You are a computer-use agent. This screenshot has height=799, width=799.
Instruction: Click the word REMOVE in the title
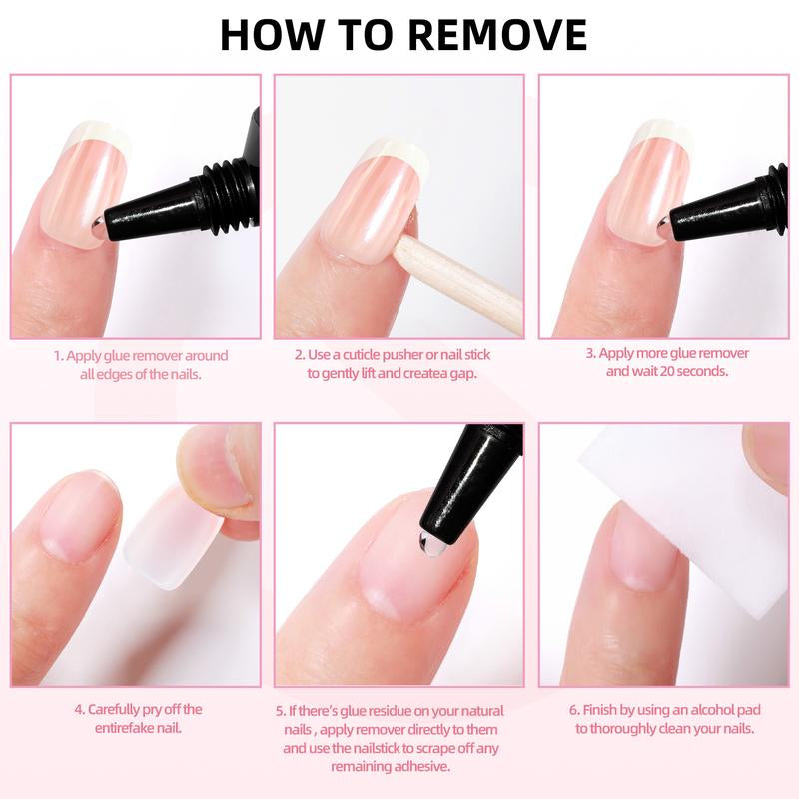pos(498,34)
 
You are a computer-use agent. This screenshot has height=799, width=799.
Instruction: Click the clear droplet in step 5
pos(426,544)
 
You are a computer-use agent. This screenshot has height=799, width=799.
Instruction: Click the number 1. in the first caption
pos(59,355)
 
